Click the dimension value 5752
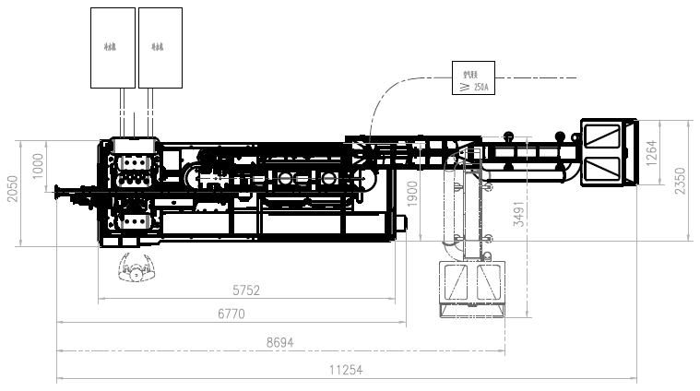coord(246,290)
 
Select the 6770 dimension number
coord(231,314)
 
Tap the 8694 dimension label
coord(280,341)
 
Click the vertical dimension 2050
coord(11,188)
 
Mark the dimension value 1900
coord(413,193)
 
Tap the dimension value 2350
coord(680,180)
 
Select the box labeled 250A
coord(474,77)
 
